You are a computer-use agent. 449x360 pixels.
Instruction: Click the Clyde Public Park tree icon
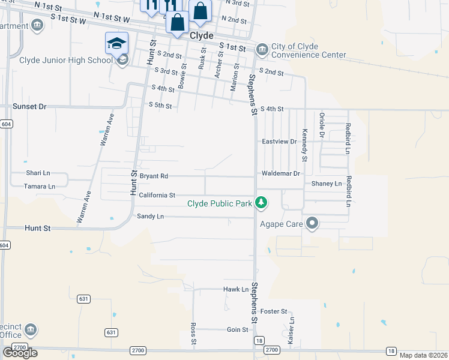(x=261, y=203)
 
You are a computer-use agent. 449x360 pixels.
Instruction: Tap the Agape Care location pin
(x=312, y=224)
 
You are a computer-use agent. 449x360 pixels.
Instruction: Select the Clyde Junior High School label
(x=66, y=60)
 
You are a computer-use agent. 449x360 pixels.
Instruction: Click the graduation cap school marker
(x=116, y=43)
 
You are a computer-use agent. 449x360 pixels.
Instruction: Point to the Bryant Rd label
(x=154, y=176)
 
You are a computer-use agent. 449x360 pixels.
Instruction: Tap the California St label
(x=157, y=196)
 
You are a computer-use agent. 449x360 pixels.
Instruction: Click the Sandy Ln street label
(x=150, y=216)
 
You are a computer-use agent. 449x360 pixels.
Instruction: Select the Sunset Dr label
(x=29, y=106)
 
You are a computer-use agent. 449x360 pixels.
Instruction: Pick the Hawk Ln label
(x=236, y=289)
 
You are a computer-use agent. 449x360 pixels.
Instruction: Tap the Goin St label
(x=238, y=330)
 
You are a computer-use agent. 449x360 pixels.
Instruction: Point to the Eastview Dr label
(x=280, y=142)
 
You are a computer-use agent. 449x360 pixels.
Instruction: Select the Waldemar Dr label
(x=280, y=173)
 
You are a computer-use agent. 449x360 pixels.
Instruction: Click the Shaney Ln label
(x=327, y=184)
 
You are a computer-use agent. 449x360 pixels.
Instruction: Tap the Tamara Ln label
(x=40, y=187)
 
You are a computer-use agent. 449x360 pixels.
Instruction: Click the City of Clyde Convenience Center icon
(x=262, y=49)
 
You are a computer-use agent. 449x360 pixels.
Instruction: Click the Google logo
(x=20, y=353)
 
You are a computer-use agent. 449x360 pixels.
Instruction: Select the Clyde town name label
(x=202, y=36)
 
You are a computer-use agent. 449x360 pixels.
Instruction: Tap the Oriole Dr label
(x=322, y=125)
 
